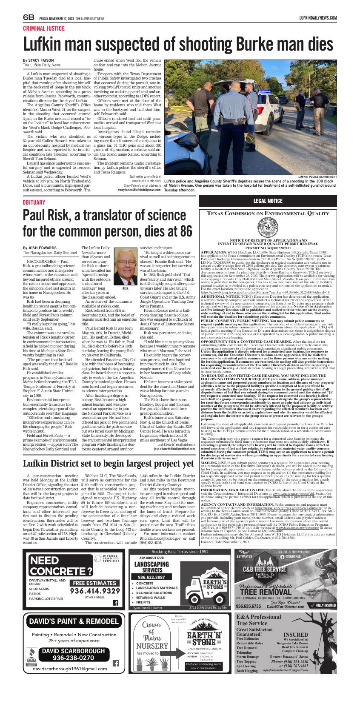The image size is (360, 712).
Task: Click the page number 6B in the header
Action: coord(29,17)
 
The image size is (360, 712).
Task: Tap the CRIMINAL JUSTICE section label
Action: coord(44,28)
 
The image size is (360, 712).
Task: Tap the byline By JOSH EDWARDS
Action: coord(40,248)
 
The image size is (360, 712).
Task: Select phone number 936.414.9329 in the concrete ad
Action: coord(95,591)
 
